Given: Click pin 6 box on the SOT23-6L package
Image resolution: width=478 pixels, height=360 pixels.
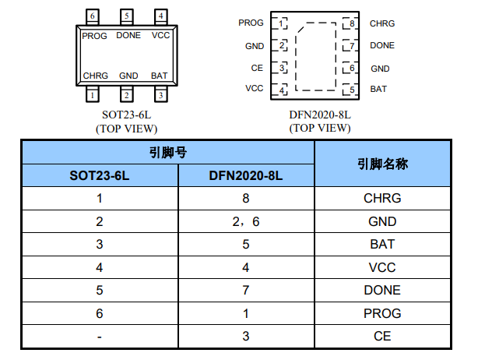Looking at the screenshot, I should point(93,16).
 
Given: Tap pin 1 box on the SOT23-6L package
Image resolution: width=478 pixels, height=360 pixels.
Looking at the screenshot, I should point(93,95).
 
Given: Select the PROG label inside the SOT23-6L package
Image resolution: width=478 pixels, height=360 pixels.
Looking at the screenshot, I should point(94,36).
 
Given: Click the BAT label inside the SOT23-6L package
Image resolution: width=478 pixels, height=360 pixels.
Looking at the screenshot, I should point(159,76).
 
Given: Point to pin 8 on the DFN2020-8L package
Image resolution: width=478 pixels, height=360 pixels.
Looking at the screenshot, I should point(352,23).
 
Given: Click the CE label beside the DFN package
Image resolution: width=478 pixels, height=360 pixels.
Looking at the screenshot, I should point(257,68).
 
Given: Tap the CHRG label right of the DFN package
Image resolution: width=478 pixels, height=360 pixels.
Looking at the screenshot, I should point(382,23).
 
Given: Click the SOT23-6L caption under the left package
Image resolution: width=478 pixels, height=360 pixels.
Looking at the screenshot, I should point(126,115).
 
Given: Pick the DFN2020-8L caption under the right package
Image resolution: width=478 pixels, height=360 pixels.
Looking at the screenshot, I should point(320,115).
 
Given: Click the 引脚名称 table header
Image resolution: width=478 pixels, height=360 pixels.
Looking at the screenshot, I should point(382,164).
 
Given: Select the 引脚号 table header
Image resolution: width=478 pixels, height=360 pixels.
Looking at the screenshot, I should point(167,152).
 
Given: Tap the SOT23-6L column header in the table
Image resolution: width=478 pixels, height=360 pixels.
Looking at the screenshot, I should point(100,176).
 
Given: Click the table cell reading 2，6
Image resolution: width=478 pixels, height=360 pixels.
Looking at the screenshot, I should point(246,221).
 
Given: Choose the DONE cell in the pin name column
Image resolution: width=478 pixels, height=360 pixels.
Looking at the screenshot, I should point(382,290).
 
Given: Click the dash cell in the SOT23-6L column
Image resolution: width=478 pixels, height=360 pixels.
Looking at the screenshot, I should point(100,336).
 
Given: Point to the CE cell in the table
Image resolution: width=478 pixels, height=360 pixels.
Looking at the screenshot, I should point(382,336).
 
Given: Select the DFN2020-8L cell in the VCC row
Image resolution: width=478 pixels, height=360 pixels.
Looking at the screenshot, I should point(246,267).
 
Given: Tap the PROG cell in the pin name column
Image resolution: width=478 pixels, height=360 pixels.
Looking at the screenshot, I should point(382,313).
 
